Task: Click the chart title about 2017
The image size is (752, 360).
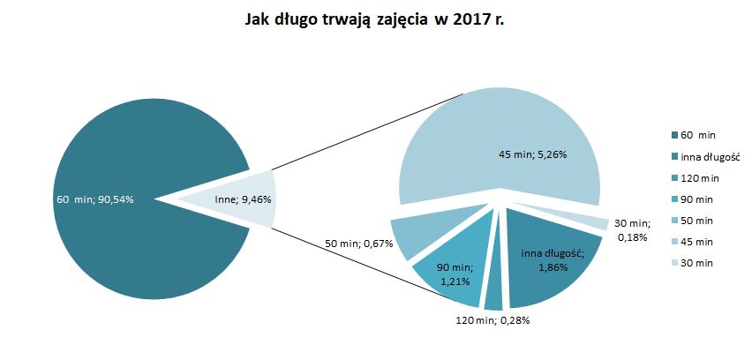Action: pyautogui.click(x=375, y=20)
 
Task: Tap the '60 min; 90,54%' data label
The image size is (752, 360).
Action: pyautogui.click(x=95, y=199)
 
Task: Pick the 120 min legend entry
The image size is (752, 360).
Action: pyautogui.click(x=697, y=177)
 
